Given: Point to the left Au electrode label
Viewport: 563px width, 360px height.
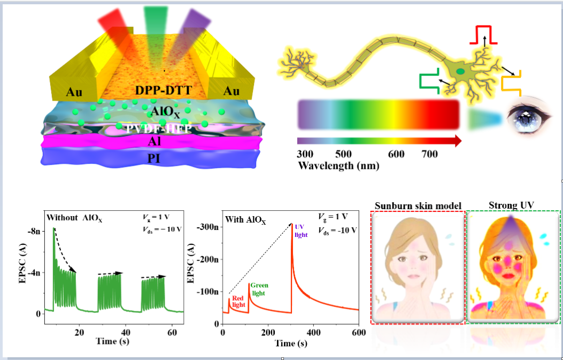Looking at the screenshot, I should coord(78,91).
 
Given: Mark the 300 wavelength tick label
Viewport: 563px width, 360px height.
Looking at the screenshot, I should coord(305,154).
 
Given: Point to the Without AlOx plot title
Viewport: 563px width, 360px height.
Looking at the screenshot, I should coord(76,218).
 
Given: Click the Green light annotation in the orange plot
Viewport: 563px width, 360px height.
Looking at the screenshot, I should coord(260,289).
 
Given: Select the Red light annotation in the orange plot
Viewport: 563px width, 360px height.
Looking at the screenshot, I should coord(238,301).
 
